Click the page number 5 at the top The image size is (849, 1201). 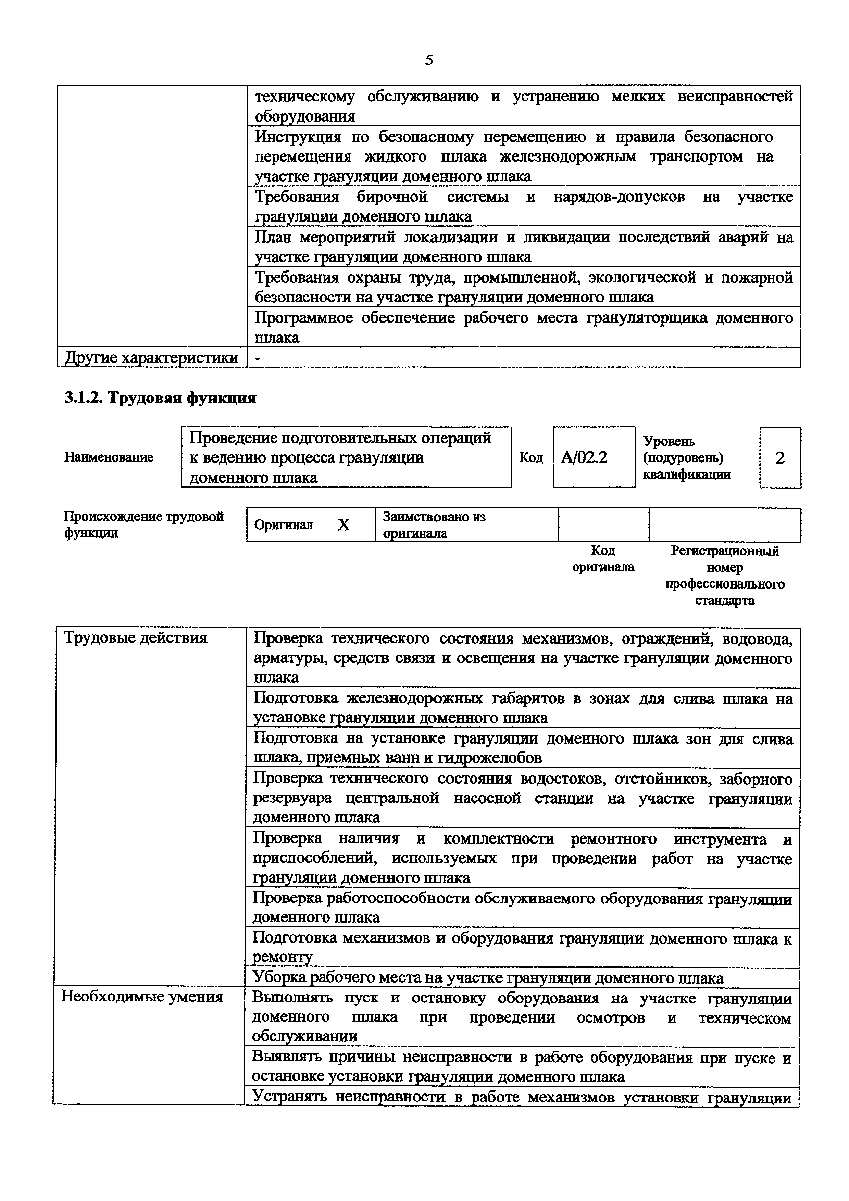point(429,60)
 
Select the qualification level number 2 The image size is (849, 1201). point(779,458)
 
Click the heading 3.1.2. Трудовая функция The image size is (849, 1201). point(160,398)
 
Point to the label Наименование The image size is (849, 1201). point(109,457)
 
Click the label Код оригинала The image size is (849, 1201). point(603,559)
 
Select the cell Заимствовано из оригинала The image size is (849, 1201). point(434,524)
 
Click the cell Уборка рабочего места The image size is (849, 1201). point(488,978)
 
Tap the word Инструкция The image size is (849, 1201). point(298,137)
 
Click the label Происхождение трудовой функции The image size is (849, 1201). point(143,524)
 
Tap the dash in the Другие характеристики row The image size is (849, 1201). point(257,358)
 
